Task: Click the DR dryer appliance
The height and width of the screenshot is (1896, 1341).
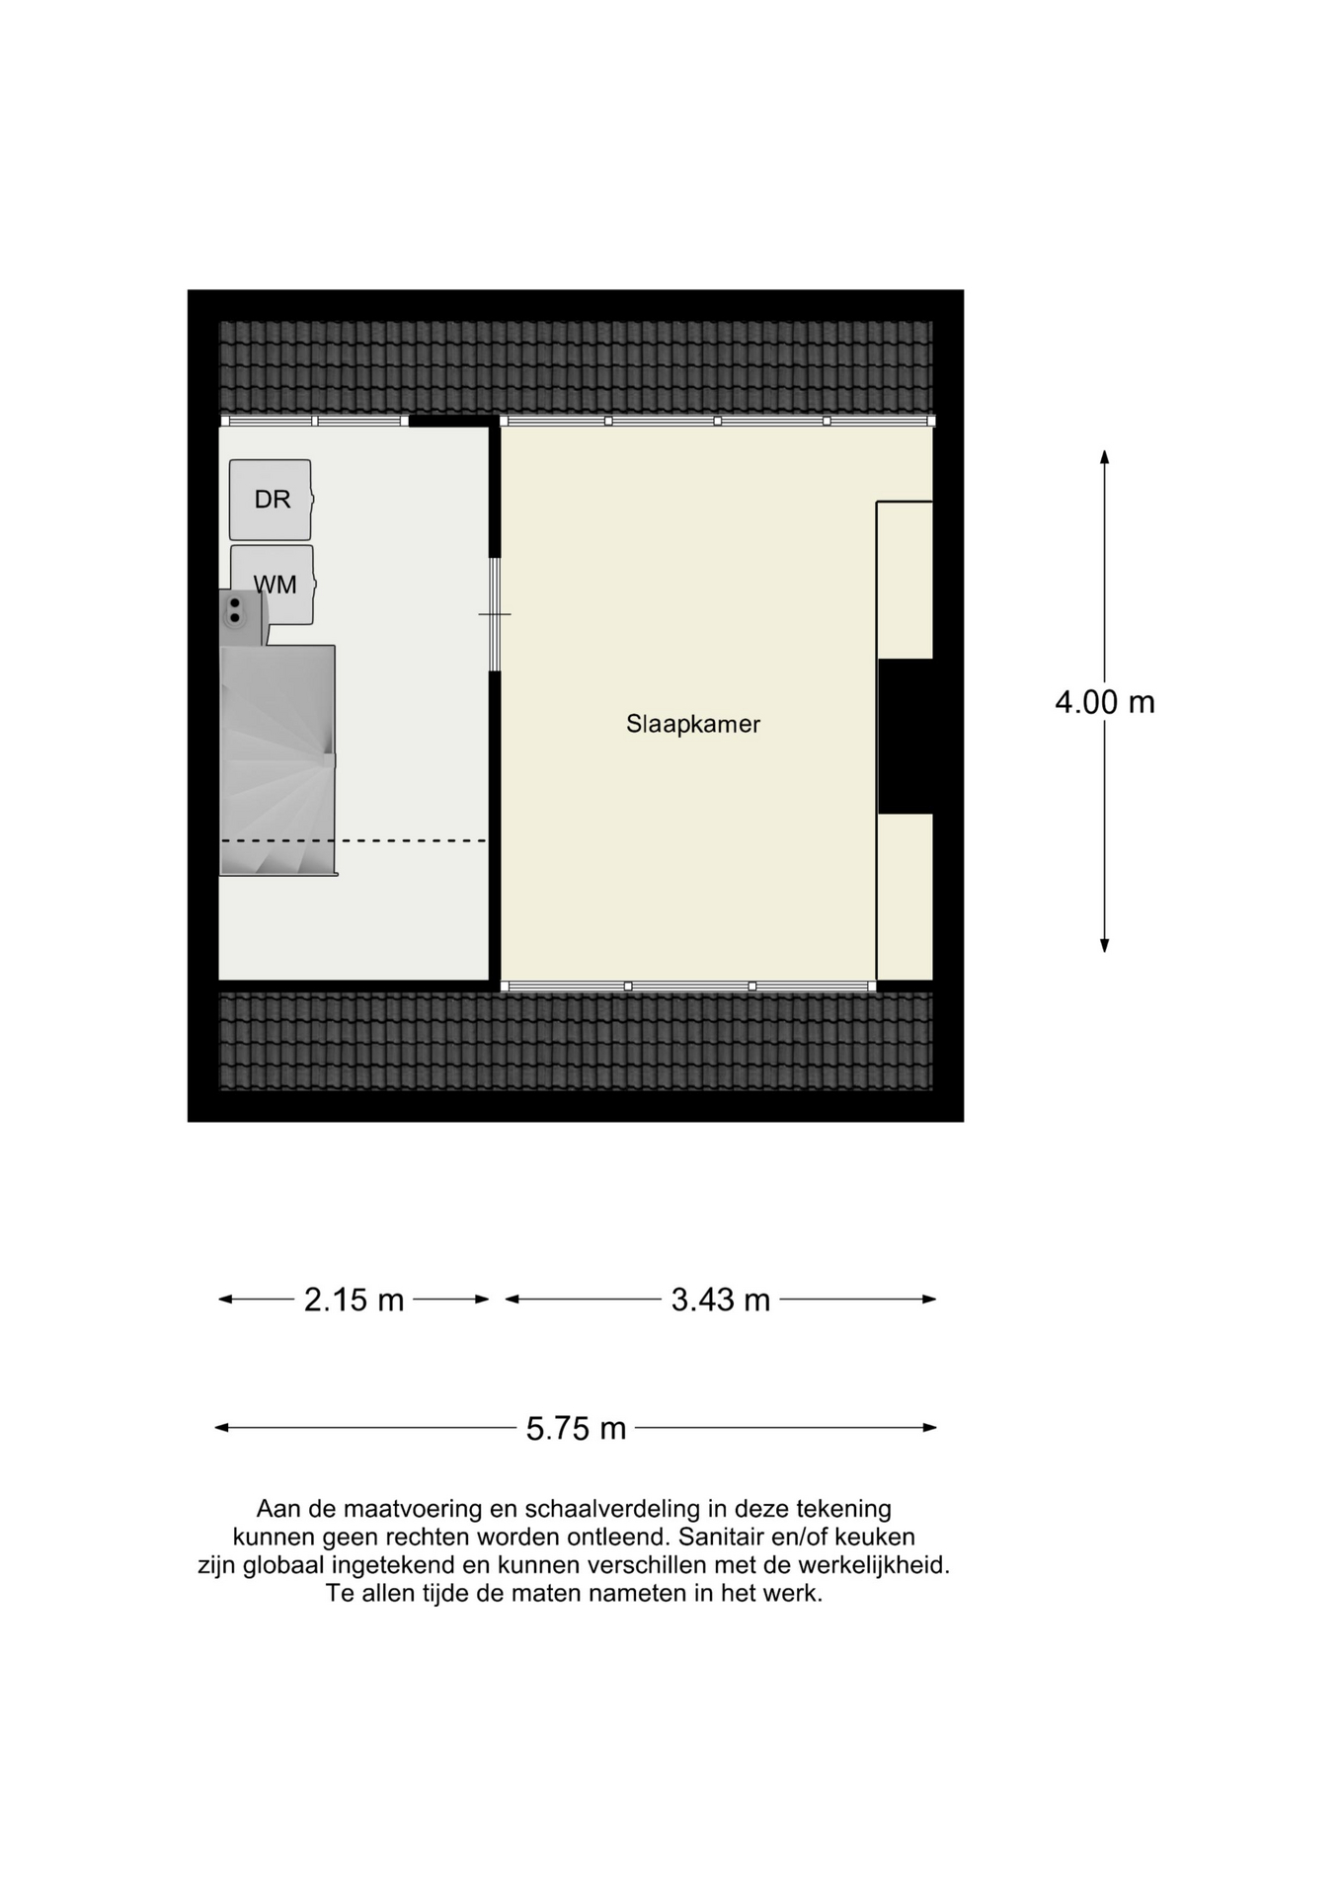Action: pyautogui.click(x=271, y=500)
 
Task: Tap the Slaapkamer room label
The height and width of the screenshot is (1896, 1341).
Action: pyautogui.click(x=692, y=724)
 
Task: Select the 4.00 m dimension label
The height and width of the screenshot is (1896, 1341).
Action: pyautogui.click(x=1104, y=702)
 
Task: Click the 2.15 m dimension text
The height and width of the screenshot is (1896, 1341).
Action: pyautogui.click(x=354, y=1300)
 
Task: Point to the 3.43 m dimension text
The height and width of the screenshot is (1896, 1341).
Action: pyautogui.click(x=720, y=1300)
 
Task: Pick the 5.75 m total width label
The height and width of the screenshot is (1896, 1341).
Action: pyautogui.click(x=576, y=1428)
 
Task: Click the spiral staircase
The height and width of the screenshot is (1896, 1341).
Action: pyautogui.click(x=276, y=760)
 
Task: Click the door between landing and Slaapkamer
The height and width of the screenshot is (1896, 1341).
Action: pyautogui.click(x=495, y=614)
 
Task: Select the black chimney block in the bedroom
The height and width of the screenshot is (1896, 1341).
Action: pyautogui.click(x=905, y=736)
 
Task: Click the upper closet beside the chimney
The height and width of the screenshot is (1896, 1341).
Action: pyautogui.click(x=905, y=580)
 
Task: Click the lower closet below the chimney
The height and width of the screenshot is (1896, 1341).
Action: pyautogui.click(x=905, y=896)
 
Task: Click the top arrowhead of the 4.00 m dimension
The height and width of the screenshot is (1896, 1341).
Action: pyautogui.click(x=1104, y=456)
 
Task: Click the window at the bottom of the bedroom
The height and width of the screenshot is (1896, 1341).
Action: pyautogui.click(x=688, y=986)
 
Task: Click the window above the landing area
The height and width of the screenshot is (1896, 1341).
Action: pyautogui.click(x=313, y=421)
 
